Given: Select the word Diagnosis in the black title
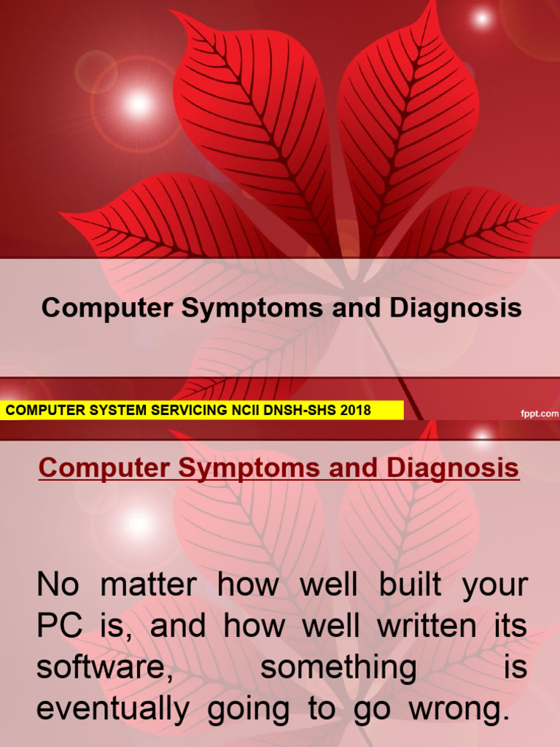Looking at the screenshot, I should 456,308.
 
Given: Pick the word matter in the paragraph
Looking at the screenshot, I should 149,586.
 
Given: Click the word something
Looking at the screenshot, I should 338,668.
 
